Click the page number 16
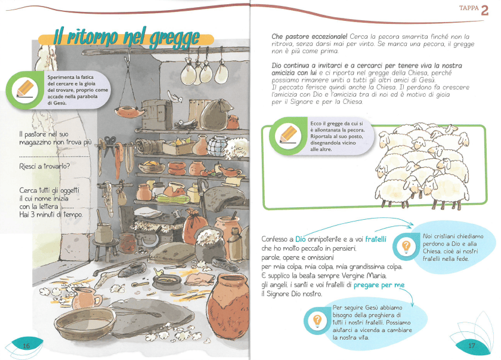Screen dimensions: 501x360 click(26, 346)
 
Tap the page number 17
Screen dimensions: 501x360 click(472, 345)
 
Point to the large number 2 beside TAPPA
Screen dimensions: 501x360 click(484, 11)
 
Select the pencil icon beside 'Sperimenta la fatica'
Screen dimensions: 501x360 click(25, 90)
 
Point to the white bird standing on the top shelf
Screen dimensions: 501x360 click(175, 96)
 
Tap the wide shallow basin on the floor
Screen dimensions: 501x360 click(85, 324)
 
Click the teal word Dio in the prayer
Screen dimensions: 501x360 click(301, 239)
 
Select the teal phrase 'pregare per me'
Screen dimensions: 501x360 click(379, 285)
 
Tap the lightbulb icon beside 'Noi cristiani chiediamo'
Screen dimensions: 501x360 click(406, 247)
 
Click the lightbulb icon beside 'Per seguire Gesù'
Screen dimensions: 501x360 click(317, 321)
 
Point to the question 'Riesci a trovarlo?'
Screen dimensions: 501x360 click(44, 166)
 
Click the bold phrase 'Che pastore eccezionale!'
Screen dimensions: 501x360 click(310, 37)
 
